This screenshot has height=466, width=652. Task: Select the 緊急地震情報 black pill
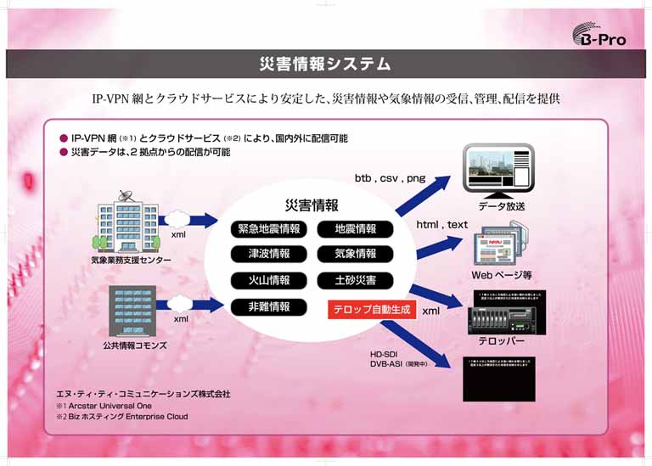(x=268, y=229)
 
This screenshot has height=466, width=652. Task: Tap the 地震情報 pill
(x=355, y=229)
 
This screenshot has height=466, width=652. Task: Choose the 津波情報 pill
(x=268, y=254)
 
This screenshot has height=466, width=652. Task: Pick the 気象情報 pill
(x=355, y=254)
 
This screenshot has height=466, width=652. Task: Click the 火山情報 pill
(x=268, y=280)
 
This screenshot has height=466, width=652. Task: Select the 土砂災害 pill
(x=355, y=280)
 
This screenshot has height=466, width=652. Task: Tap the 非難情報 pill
(x=268, y=306)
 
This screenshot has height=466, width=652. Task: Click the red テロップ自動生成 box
(x=370, y=311)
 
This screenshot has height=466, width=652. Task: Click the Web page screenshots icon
(x=501, y=245)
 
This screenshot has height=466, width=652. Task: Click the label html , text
(x=441, y=225)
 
